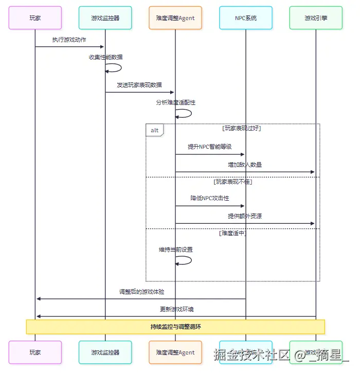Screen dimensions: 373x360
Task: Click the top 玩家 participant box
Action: [x=35, y=18]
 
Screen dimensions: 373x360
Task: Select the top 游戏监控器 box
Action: [x=105, y=18]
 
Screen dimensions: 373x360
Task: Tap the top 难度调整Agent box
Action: [x=175, y=18]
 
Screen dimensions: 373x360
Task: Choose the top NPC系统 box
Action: [x=245, y=18]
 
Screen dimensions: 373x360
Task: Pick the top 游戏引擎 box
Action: [x=315, y=18]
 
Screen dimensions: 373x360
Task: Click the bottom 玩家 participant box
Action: [x=35, y=352]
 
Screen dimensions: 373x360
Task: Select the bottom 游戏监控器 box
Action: [x=105, y=352]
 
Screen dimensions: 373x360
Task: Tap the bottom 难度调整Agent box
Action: [x=175, y=352]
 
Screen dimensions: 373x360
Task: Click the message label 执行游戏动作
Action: [x=69, y=40]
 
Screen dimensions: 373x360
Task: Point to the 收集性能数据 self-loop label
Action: [x=105, y=57]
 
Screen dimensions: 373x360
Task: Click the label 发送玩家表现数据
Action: [x=139, y=85]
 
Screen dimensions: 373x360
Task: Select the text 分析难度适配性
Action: [x=175, y=102]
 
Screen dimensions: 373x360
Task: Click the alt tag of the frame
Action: [x=154, y=130]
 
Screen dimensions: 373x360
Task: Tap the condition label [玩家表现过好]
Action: [x=242, y=128]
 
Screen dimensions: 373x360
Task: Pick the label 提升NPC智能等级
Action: [x=209, y=147]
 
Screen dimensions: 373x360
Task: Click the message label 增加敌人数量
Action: [x=245, y=165]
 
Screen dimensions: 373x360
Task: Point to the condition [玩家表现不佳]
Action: [x=232, y=182]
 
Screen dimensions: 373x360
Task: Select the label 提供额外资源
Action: [x=245, y=216]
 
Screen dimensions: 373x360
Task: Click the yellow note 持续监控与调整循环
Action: [x=175, y=327]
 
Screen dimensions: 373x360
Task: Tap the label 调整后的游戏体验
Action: [x=141, y=292]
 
